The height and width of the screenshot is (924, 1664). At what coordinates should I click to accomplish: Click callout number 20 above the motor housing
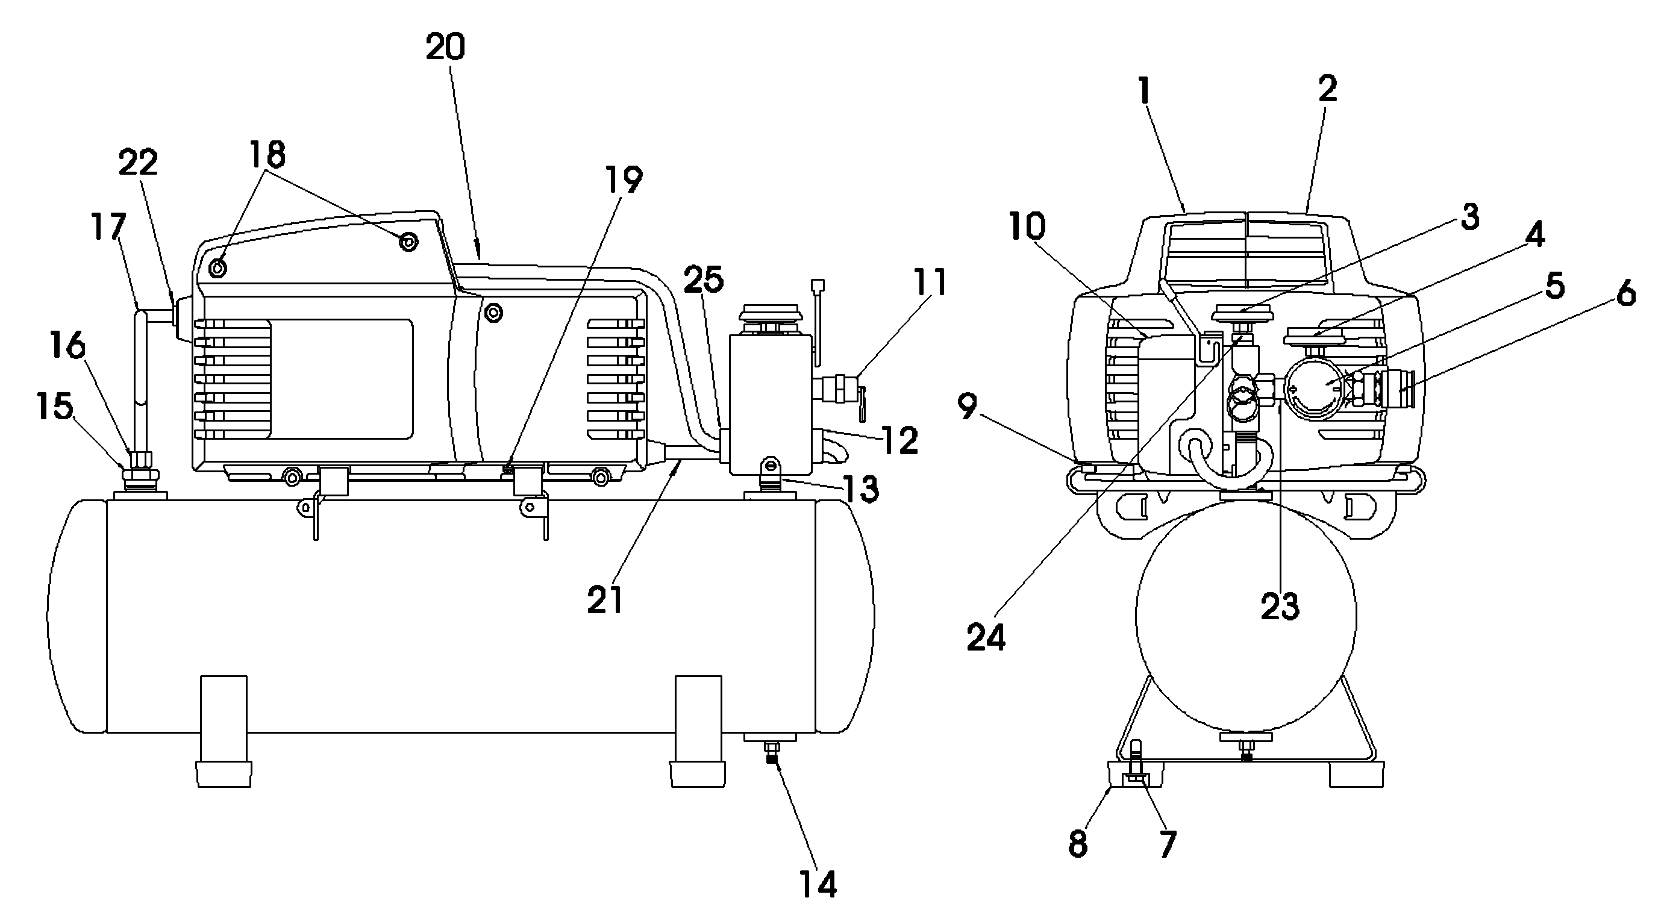tap(445, 47)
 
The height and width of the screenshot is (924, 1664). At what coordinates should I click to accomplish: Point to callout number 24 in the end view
tap(986, 637)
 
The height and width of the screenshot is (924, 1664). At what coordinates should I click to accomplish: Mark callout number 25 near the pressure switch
tap(704, 279)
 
